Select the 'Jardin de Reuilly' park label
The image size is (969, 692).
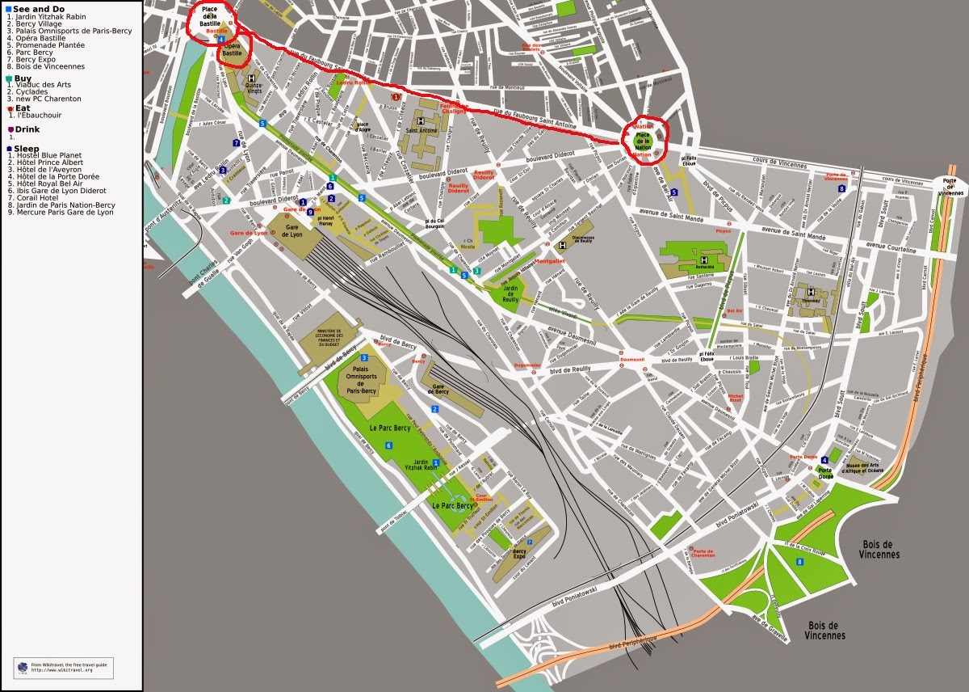[x=510, y=293]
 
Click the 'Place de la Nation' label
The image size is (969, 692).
[x=643, y=139]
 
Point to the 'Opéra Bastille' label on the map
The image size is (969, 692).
[x=233, y=49]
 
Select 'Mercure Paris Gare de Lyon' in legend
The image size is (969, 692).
[x=60, y=212]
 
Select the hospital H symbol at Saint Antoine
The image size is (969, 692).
[x=421, y=121]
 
